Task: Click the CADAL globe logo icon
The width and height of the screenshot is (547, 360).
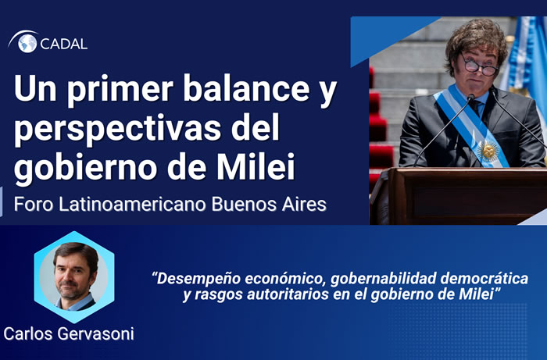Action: point(27,42)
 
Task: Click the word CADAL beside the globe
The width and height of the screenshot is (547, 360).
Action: point(64,43)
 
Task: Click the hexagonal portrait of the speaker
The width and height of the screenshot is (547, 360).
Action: point(74,275)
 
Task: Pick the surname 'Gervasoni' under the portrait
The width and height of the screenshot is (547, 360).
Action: point(99,333)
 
